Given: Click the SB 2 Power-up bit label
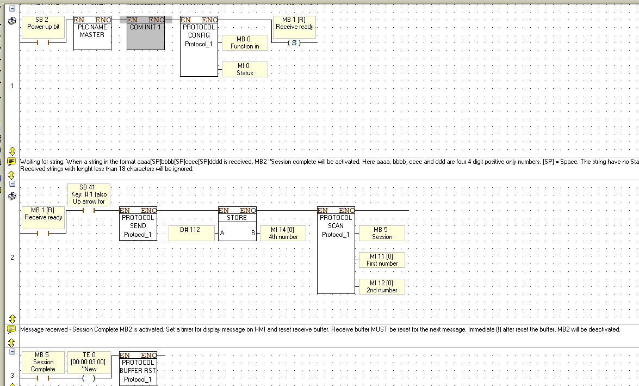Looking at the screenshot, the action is click(43, 27).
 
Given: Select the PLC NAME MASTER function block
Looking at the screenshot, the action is click(92, 33).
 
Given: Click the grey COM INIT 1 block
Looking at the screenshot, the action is click(146, 33).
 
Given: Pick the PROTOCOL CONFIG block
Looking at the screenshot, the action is click(199, 46).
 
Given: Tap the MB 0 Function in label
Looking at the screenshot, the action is click(245, 43).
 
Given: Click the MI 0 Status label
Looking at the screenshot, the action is click(245, 69).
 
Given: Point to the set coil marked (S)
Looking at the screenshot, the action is click(294, 42).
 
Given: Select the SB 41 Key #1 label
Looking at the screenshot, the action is click(89, 194).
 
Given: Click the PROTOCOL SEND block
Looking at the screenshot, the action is click(138, 224).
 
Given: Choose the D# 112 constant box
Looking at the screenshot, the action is click(191, 233).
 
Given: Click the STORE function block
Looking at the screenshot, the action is click(237, 224).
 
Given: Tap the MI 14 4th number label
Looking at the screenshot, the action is click(283, 233).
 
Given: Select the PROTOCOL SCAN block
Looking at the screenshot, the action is click(336, 250).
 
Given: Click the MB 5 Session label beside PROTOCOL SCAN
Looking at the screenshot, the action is click(382, 233).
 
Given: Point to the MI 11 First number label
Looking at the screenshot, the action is click(382, 260).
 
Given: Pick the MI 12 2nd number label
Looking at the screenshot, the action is click(382, 286).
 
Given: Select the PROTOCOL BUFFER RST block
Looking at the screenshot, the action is click(138, 369).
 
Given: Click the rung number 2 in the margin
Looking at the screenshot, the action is click(12, 257).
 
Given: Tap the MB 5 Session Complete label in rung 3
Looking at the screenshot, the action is click(43, 363).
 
